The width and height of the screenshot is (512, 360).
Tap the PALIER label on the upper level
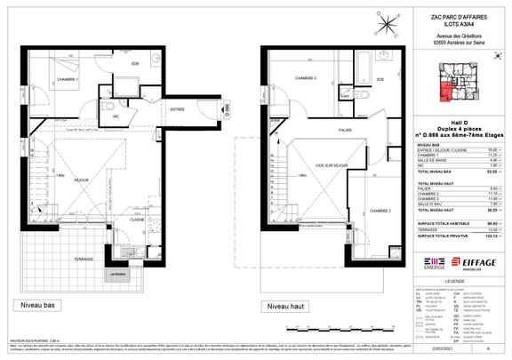click(x=333, y=129)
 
